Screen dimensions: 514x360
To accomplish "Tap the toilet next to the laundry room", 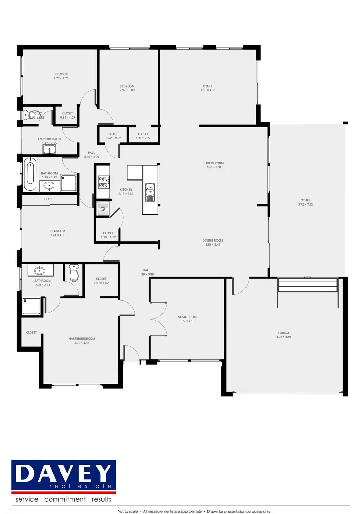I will click(27, 115).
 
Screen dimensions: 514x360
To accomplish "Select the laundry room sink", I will click(50, 150).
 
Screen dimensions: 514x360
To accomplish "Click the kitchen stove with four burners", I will click(103, 182).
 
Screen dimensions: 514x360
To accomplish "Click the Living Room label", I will click(214, 163).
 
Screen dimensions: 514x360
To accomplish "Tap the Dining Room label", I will click(214, 241).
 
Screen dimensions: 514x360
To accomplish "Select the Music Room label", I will click(187, 317).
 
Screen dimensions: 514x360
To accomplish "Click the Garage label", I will click(284, 333).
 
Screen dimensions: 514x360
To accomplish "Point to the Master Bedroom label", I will click(81, 339).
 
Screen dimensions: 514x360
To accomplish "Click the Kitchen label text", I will click(126, 190).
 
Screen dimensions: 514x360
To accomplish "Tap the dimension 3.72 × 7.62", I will click(305, 205).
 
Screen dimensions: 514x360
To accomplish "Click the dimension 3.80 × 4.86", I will click(208, 90).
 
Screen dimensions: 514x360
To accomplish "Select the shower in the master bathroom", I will click(32, 306).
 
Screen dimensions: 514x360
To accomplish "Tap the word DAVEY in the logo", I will click(63, 473).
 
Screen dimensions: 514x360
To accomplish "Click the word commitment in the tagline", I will click(65, 499).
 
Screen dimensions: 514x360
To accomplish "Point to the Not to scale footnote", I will click(128, 511).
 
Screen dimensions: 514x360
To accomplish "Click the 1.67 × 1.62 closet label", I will click(101, 283).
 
